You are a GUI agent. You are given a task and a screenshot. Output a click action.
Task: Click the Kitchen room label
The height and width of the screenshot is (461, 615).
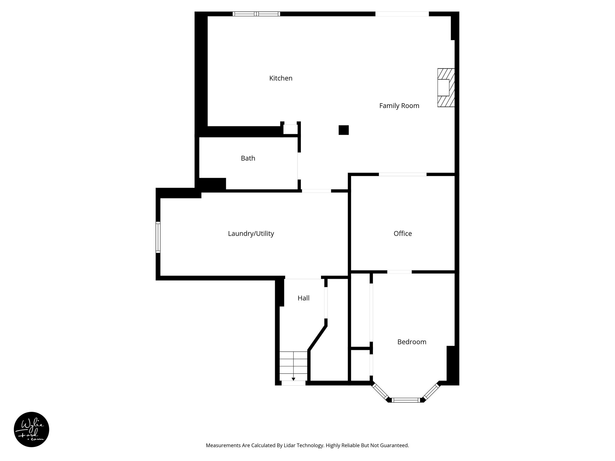281,78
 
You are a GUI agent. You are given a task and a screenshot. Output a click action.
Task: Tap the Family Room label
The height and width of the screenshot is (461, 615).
399,106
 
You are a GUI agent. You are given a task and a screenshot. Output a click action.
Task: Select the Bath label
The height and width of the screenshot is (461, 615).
248,158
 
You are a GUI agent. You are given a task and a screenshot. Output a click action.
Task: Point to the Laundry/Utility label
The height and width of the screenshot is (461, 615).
251,234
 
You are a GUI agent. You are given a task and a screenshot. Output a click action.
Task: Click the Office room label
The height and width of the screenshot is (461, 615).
403,234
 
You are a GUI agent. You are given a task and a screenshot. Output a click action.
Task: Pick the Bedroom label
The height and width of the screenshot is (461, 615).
412,342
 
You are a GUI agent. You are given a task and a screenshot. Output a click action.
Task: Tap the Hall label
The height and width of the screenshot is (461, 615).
303,298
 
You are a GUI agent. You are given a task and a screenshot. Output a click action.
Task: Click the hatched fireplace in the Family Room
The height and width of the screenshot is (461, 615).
446,88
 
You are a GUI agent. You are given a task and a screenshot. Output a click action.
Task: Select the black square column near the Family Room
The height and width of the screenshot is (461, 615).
344,130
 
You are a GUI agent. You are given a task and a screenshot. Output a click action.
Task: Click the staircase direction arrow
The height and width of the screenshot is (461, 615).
293,379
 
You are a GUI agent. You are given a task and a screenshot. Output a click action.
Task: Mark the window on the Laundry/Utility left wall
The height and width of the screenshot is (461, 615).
158,237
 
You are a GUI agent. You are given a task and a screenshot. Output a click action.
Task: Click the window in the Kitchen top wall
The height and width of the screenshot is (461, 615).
256,14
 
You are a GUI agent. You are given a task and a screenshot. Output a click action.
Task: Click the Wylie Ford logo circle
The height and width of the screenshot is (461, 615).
32,429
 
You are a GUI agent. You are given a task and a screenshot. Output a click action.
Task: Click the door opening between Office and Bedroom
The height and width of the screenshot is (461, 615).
399,272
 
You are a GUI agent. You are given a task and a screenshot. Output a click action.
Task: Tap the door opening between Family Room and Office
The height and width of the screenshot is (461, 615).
402,174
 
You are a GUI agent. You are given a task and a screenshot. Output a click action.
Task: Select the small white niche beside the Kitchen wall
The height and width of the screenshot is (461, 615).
290,129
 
